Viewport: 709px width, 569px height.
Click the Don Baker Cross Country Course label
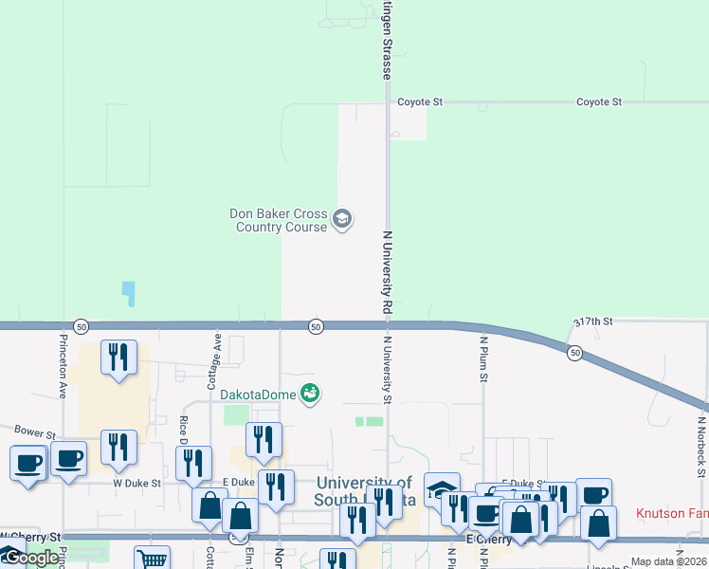pyautogui.click(x=278, y=220)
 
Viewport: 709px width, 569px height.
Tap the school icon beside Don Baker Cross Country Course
pyautogui.click(x=342, y=220)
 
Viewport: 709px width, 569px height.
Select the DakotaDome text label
pyautogui.click(x=258, y=394)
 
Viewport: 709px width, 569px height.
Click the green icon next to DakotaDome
pyautogui.click(x=310, y=393)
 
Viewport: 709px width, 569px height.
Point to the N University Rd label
pyautogui.click(x=387, y=272)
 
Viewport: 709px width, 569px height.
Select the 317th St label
pyautogui.click(x=594, y=322)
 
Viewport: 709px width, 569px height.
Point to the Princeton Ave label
pyautogui.click(x=63, y=365)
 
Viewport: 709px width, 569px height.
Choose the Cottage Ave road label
pyautogui.click(x=217, y=356)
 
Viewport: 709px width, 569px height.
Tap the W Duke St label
pyautogui.click(x=136, y=483)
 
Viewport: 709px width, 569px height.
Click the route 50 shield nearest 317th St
pyautogui.click(x=574, y=353)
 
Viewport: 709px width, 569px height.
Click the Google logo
pyautogui.click(x=30, y=558)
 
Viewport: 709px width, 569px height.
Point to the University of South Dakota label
pyautogui.click(x=364, y=492)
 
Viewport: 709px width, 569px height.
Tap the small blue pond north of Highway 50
pyautogui.click(x=128, y=294)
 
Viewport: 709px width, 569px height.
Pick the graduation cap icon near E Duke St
pyautogui.click(x=441, y=488)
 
